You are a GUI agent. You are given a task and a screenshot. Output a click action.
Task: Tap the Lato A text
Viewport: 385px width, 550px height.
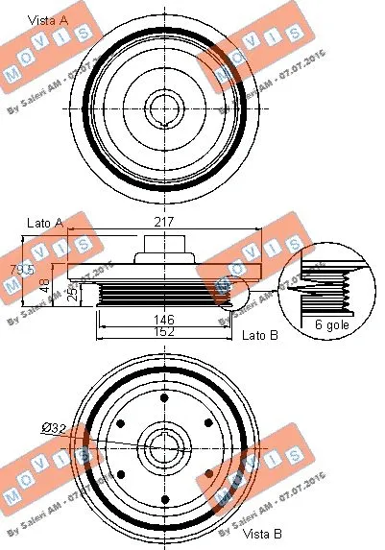(45, 223)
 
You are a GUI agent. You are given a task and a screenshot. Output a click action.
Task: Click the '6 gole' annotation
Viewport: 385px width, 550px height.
(321, 327)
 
